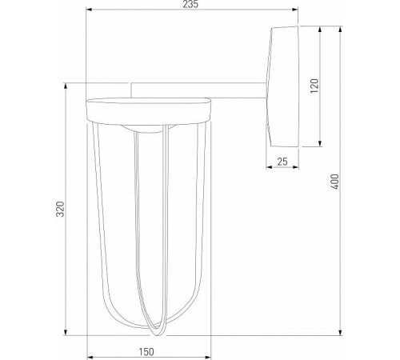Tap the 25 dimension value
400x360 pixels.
(281, 161)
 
